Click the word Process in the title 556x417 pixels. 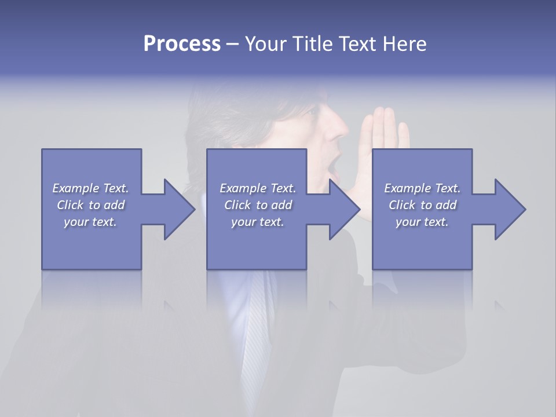[x=182, y=44]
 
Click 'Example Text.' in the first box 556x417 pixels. [x=90, y=188]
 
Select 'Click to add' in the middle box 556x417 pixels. [x=258, y=205]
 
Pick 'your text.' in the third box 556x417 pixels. [x=422, y=222]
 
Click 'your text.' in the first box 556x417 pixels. [x=90, y=222]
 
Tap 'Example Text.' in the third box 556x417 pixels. [x=422, y=188]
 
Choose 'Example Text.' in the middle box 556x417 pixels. [x=258, y=188]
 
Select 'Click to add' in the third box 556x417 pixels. [x=422, y=205]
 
